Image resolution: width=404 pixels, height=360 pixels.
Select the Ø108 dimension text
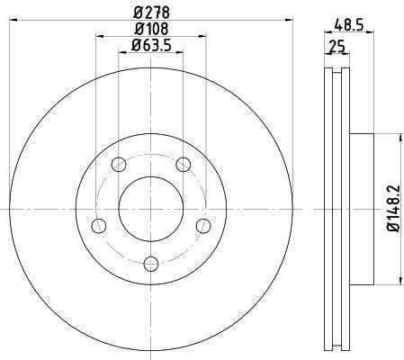pyautogui.click(x=151, y=29)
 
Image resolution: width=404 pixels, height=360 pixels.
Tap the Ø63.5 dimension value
pyautogui.click(x=151, y=45)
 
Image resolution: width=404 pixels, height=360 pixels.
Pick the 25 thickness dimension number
pyautogui.click(x=337, y=46)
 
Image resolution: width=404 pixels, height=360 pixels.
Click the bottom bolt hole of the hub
pyautogui.click(x=151, y=263)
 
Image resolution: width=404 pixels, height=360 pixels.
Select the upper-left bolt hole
pyautogui.click(x=119, y=164)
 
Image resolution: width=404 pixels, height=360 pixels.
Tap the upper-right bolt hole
pyautogui.click(x=184, y=164)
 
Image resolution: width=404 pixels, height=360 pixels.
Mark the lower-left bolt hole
pyautogui.click(x=99, y=225)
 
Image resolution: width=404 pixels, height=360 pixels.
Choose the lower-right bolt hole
pyautogui.click(x=203, y=225)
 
